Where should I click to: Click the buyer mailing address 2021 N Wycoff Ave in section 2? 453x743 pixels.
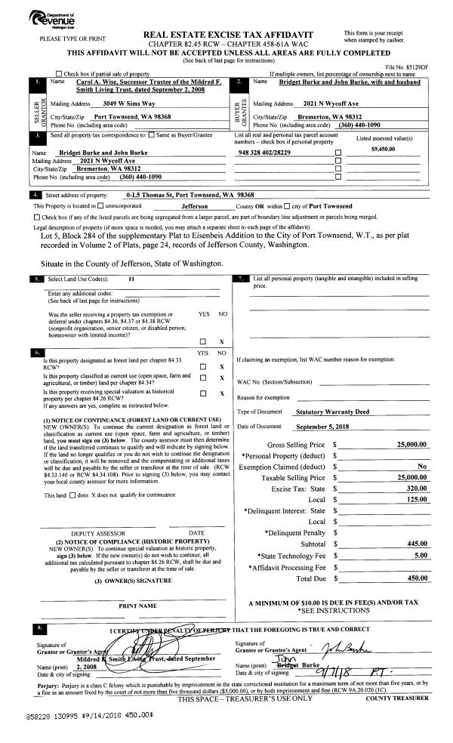point(327,102)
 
